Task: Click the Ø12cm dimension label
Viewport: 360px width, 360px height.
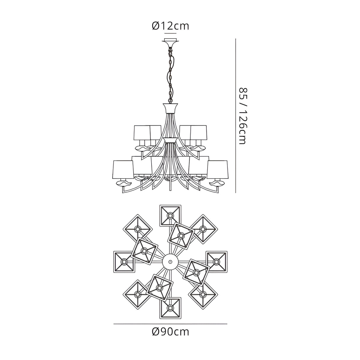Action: [x=171, y=26]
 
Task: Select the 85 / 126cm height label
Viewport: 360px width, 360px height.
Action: [x=244, y=116]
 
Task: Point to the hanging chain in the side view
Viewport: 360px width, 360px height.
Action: [x=171, y=75]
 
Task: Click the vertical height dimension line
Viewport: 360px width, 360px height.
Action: [x=235, y=116]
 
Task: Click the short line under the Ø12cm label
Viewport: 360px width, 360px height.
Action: [x=171, y=34]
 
